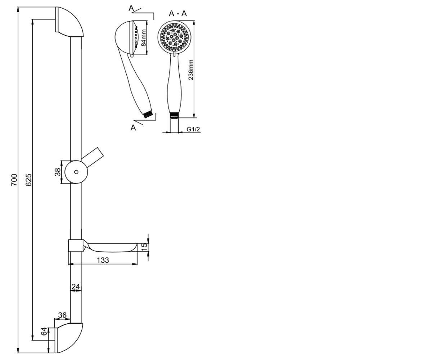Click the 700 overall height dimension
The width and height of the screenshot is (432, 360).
14,180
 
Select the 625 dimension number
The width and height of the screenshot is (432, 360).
28,180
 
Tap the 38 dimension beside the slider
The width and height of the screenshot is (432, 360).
58,172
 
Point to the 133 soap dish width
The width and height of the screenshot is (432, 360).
103,260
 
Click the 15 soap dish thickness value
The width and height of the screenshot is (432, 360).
145,247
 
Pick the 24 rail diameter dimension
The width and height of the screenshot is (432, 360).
76,287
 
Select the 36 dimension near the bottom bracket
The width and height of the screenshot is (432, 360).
62,315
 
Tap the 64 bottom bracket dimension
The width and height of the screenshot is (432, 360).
44,332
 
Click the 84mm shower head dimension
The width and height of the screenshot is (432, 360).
143,38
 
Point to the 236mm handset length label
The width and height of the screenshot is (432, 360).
190,70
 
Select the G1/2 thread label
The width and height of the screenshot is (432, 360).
193,129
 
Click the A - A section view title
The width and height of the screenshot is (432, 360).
178,13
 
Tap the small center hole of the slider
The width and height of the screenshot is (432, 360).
76,172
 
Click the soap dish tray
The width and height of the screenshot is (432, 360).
110,247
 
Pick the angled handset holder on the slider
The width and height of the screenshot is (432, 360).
92,157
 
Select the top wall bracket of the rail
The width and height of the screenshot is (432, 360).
69,22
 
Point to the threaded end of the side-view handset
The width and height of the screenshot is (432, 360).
148,114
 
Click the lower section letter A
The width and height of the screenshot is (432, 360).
133,128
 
